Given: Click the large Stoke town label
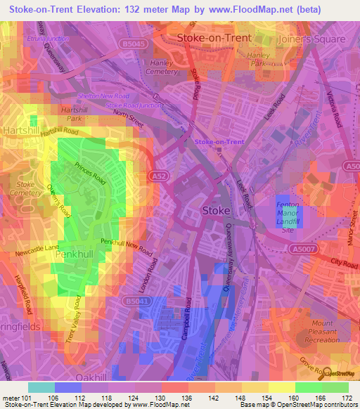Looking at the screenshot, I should pyautogui.click(x=215, y=210).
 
